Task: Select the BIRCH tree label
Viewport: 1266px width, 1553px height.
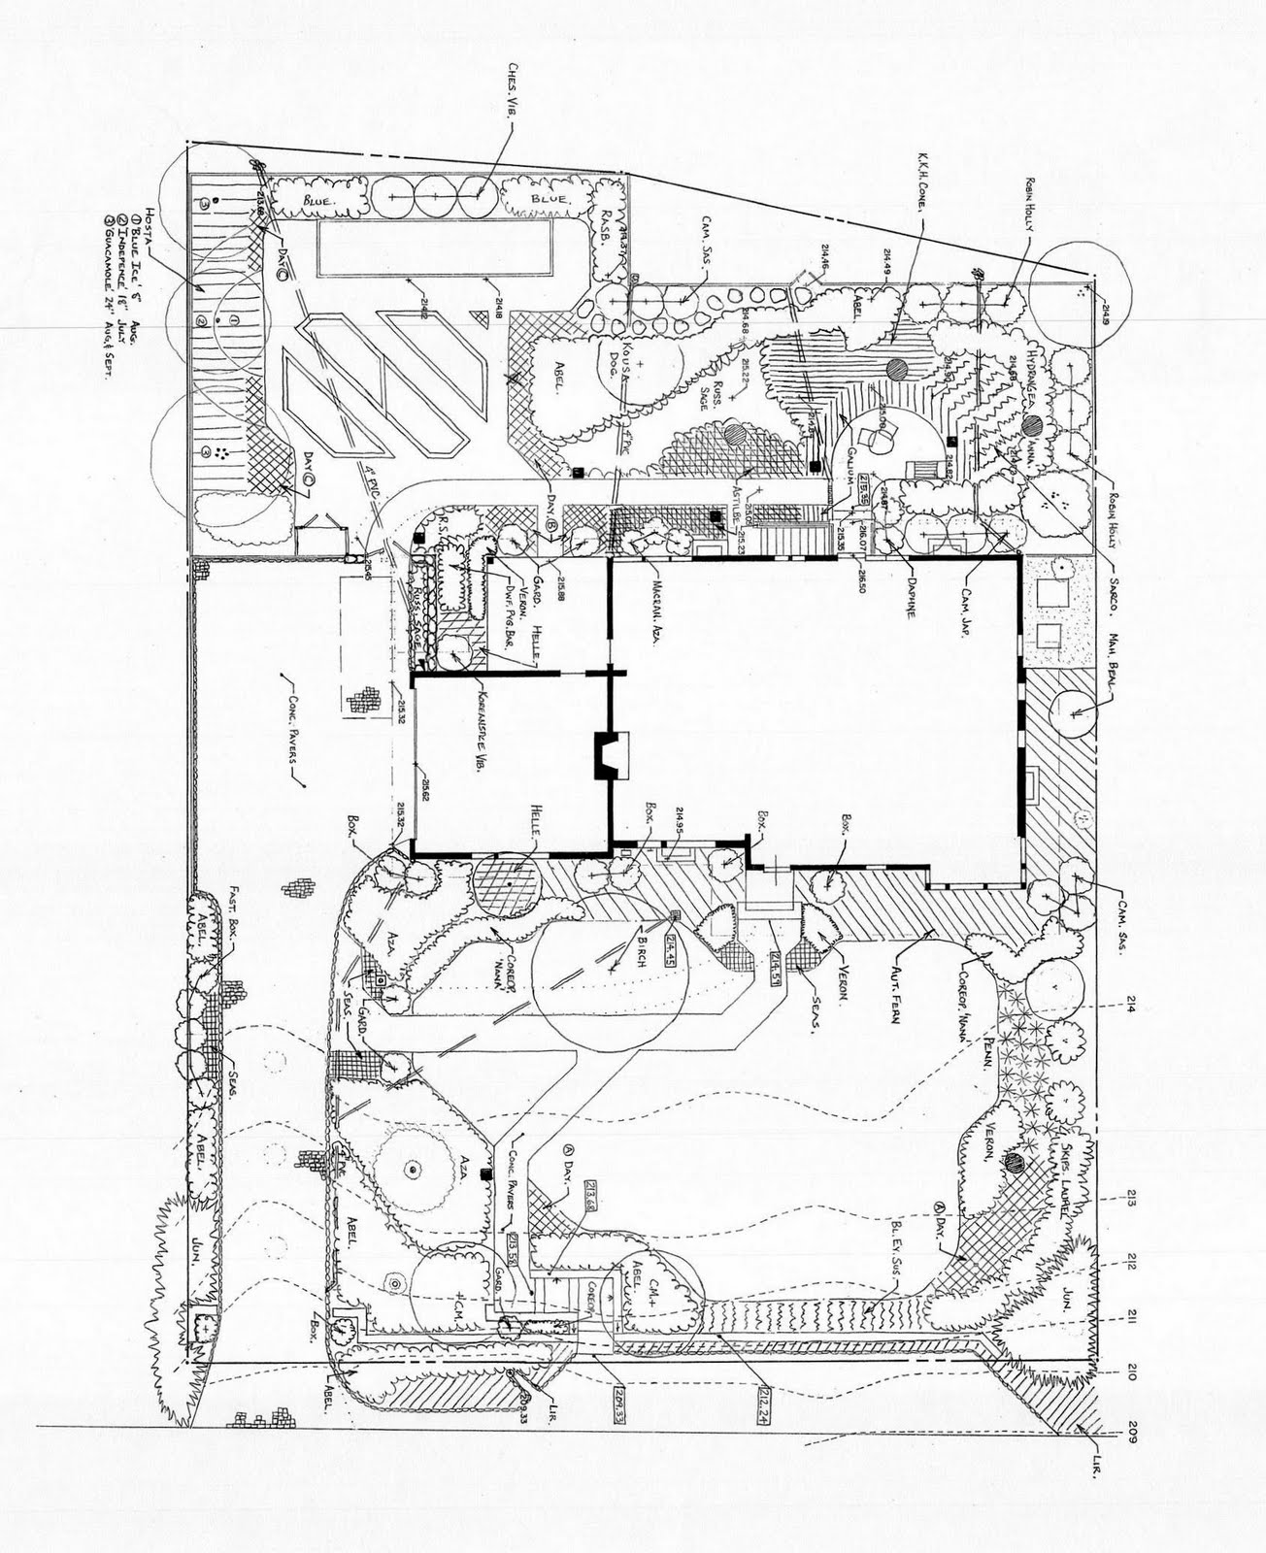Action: (x=640, y=940)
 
